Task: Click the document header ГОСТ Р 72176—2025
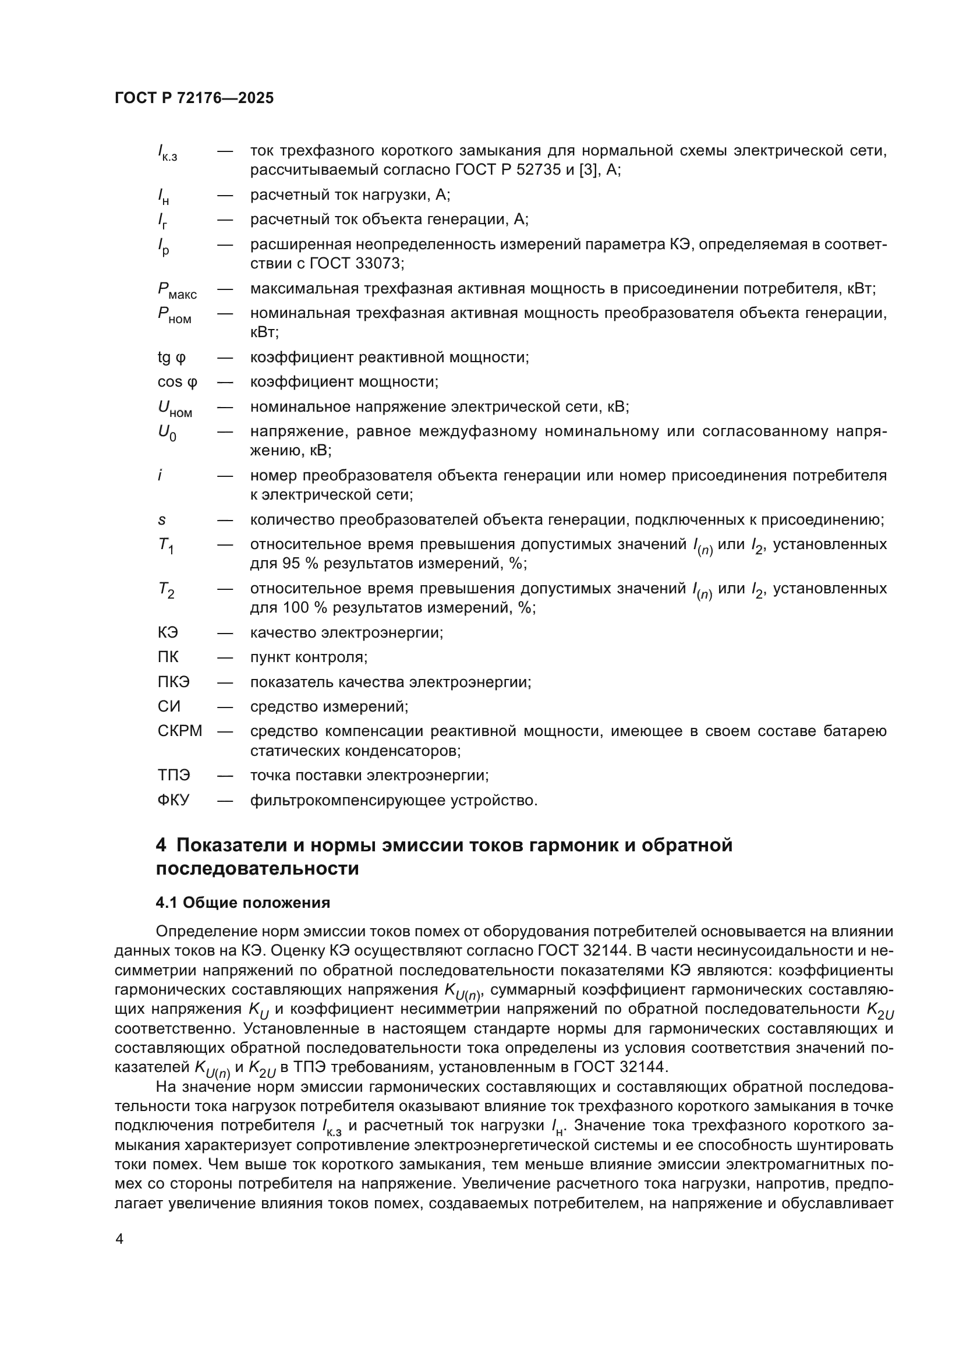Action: pos(194,98)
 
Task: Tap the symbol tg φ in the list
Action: pos(171,358)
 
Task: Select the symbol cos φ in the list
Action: pos(177,382)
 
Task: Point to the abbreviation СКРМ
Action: pos(180,731)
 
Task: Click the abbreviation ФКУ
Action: pos(173,800)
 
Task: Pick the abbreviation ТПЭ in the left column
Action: pos(174,775)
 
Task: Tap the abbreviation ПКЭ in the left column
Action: pos(174,682)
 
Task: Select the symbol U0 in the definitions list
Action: pos(167,433)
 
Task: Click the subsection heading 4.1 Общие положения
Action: pos(243,903)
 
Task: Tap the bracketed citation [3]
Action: pos(589,170)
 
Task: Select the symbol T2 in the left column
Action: pos(165,590)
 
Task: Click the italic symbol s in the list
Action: pos(161,520)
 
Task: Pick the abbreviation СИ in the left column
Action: pos(168,706)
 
